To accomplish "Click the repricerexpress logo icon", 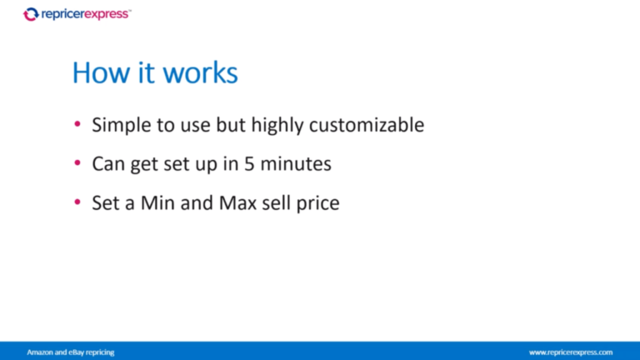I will click(31, 14).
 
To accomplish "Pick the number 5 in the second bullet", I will click(249, 164).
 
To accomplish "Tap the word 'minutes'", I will click(296, 164).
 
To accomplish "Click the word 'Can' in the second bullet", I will click(108, 164).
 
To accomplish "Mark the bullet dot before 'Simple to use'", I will click(77, 125).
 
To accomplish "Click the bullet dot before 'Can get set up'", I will click(77, 163).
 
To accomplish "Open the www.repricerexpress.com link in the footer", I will click(571, 352).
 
